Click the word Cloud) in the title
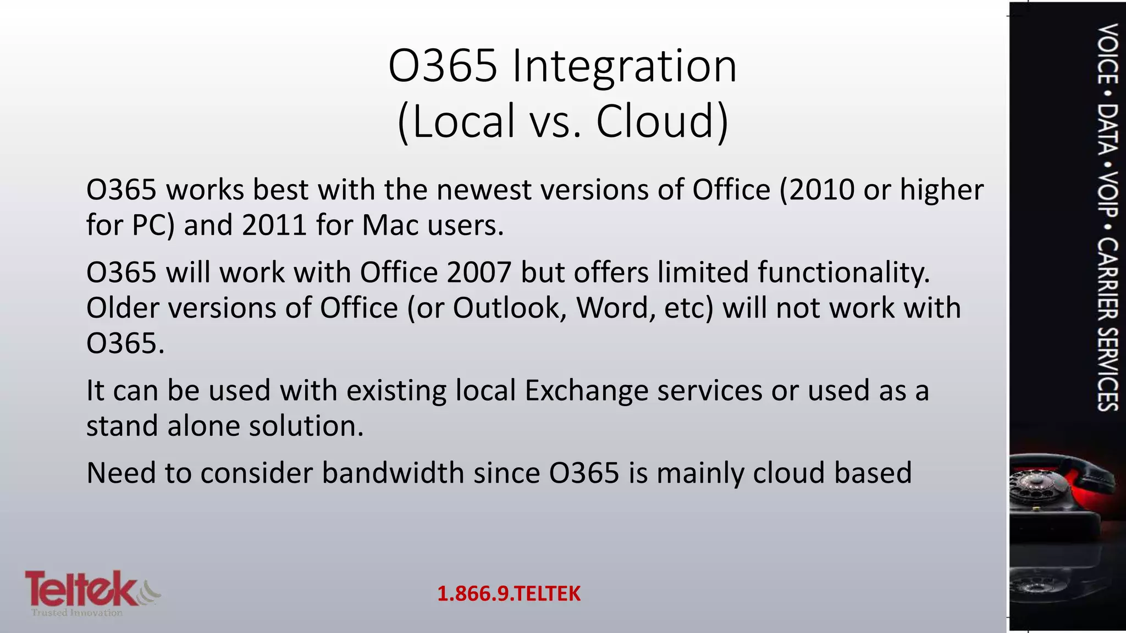click(x=662, y=121)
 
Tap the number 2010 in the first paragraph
click(x=816, y=190)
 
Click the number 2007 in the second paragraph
click(x=479, y=273)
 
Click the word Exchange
click(x=586, y=391)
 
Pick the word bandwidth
click(x=393, y=473)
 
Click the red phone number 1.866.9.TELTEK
click(x=509, y=594)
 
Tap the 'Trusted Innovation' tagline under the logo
click(x=77, y=613)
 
